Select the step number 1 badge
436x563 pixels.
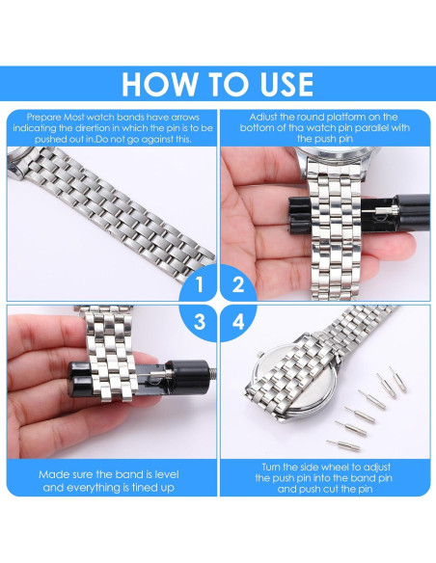point(199,285)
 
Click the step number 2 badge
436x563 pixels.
point(237,285)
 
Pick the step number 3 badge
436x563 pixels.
point(199,322)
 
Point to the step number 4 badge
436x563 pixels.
point(237,322)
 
